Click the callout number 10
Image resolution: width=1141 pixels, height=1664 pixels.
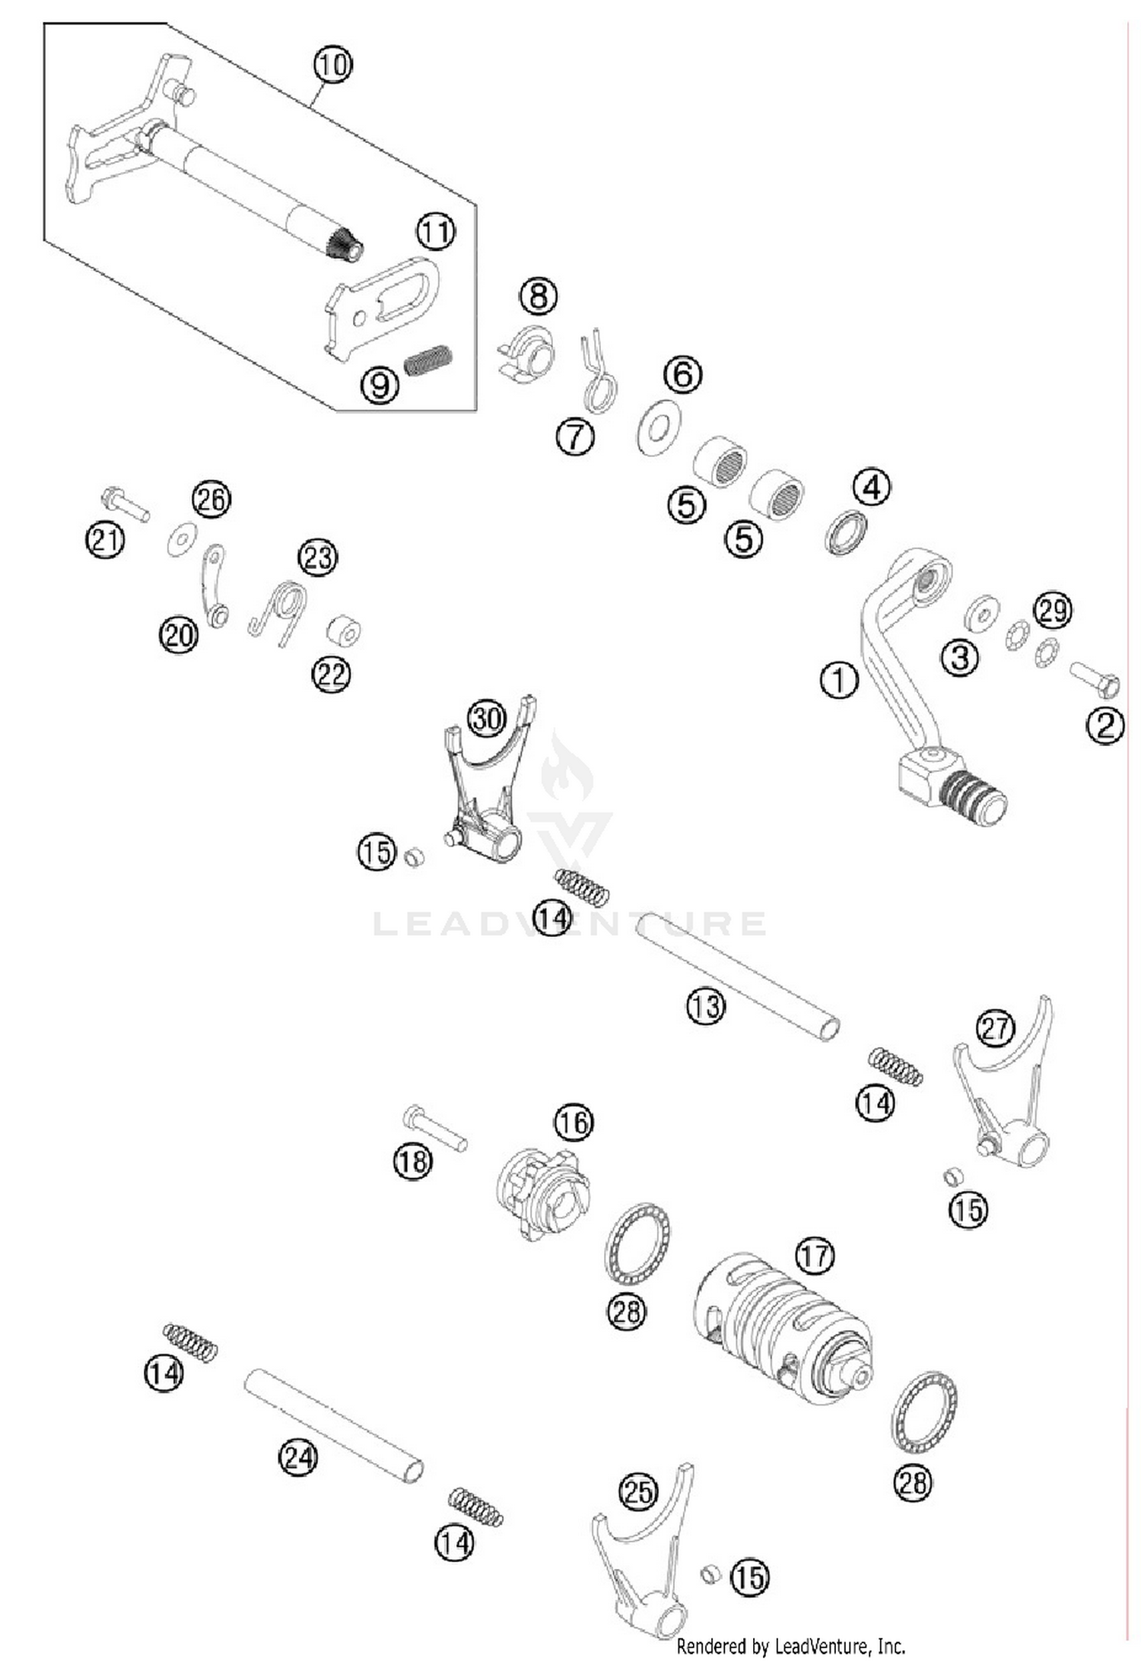pos(332,65)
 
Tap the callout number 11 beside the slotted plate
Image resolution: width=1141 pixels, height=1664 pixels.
pos(435,231)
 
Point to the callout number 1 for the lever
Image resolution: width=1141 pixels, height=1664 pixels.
pos(839,680)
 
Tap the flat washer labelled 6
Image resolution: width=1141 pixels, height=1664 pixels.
pos(659,427)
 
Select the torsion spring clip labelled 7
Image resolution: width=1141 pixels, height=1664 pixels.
pos(599,375)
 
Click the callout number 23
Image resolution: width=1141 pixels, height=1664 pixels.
pos(317,557)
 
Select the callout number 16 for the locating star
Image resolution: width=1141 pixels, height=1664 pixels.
pos(573,1122)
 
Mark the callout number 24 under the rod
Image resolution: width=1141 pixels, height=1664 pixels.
pos(297,1458)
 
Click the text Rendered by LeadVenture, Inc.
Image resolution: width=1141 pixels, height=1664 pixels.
pos(790,1647)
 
